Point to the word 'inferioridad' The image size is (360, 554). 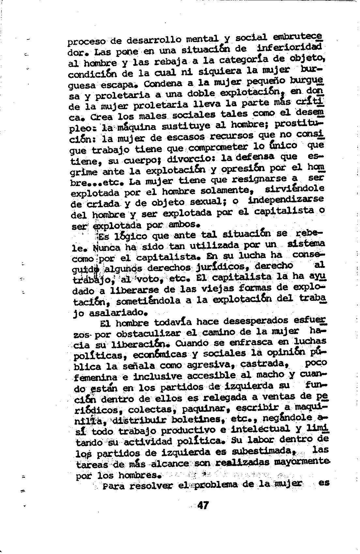(289, 48)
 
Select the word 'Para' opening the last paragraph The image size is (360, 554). (111, 487)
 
